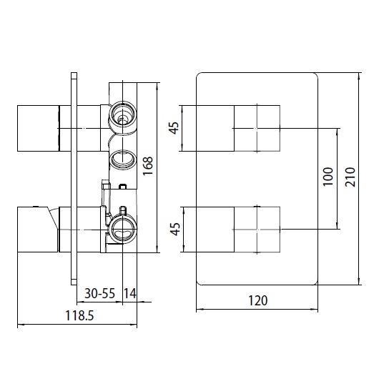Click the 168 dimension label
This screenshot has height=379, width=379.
coord(148,166)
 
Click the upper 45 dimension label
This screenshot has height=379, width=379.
coord(174,129)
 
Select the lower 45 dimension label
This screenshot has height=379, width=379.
coord(174,229)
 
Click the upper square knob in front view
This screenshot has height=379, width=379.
coord(257,128)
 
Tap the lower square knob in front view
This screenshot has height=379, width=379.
coord(257,229)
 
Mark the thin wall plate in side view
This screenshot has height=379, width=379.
coord(73,179)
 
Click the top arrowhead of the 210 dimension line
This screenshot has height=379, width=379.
coord(360,74)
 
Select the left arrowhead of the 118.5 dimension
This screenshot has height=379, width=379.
coord(19,325)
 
